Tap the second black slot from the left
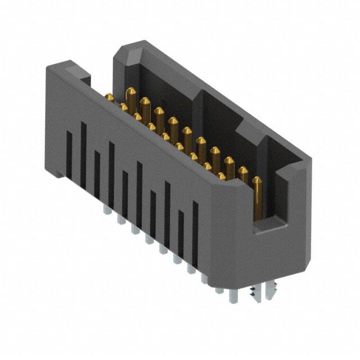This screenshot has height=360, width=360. pos(83,155)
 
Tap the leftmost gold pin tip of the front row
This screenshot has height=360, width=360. pos(109,98)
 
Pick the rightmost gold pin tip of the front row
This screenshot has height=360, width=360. pos(222,176)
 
